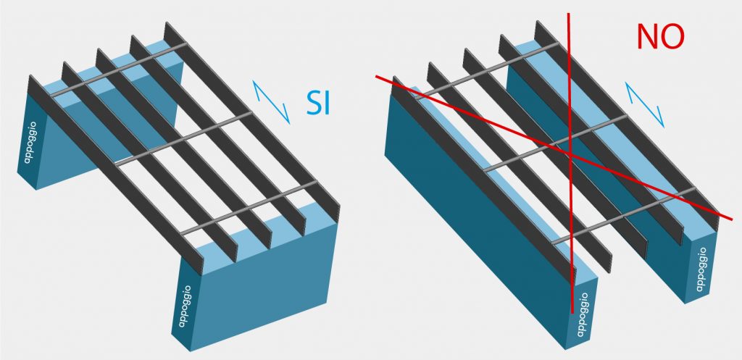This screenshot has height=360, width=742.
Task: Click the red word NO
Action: click(x=661, y=36)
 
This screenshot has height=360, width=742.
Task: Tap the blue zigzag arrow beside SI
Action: click(x=271, y=101)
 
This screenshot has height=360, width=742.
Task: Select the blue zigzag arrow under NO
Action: click(x=644, y=105)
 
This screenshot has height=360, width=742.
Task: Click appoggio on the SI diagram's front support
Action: click(x=185, y=306)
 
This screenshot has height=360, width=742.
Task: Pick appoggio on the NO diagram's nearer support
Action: click(x=583, y=314)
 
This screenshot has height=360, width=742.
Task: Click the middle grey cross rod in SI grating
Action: click(x=183, y=138)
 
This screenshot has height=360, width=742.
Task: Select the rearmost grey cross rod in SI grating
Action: click(x=118, y=70)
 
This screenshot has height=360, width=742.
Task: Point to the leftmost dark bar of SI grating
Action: click(x=116, y=175)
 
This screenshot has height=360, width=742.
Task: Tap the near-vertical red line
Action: click(x=570, y=163)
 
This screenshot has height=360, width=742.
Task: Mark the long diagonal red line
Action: click(x=554, y=147)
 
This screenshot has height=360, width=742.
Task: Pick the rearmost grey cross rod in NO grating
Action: click(x=488, y=71)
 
